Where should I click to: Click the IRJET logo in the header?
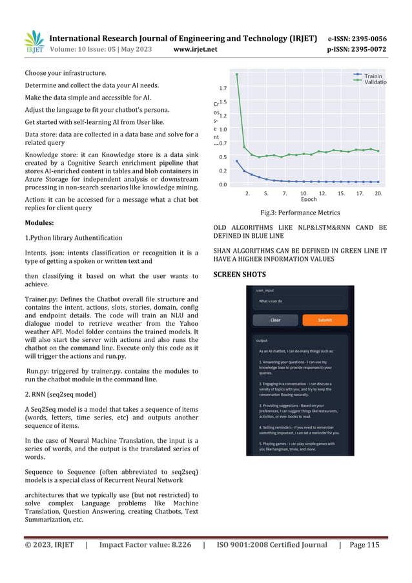[x=34, y=43]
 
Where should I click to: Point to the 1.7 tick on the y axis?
[x=223, y=87]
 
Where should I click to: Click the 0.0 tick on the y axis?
[x=223, y=185]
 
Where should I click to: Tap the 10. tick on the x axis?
[x=304, y=193]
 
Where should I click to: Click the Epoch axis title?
[x=309, y=200]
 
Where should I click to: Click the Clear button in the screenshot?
[x=275, y=320]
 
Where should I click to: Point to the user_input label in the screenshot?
[x=265, y=290]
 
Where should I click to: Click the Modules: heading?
[x=43, y=223]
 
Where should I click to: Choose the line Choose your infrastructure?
[x=66, y=72]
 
